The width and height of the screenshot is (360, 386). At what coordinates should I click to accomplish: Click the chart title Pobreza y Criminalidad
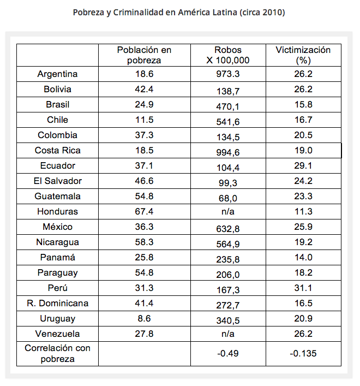[179, 12]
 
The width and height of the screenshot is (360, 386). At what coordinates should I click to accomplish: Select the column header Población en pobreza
[144, 55]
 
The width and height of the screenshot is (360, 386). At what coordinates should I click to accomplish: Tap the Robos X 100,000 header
[228, 55]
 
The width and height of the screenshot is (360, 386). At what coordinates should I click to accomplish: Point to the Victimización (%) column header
[303, 55]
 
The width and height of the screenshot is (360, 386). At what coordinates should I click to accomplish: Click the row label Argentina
[57, 74]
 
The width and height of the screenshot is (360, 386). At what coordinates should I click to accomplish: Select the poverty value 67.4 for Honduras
[144, 212]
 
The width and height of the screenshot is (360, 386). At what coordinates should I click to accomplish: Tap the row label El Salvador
[57, 181]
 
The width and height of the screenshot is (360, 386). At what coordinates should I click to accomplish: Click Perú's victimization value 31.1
[303, 288]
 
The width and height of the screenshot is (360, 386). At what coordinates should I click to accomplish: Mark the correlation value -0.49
[228, 354]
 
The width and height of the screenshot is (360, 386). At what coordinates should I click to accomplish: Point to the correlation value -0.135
[303, 354]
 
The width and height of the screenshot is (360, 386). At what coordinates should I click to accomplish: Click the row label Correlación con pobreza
[57, 353]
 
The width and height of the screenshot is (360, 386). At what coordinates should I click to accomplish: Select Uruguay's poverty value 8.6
[144, 319]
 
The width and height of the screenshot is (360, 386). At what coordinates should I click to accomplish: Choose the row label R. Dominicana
[57, 304]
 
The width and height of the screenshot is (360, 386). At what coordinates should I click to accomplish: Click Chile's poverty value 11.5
[144, 120]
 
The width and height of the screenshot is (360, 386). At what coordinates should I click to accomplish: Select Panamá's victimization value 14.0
[303, 258]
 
